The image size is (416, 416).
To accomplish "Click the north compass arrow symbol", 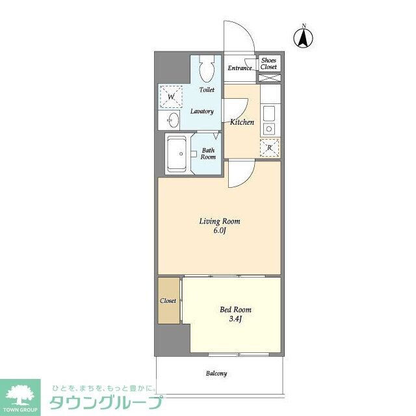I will [x=302, y=37].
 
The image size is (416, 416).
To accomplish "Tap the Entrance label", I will [x=239, y=68].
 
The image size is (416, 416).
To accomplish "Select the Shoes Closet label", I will [x=268, y=64].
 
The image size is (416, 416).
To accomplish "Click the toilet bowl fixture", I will [x=207, y=70].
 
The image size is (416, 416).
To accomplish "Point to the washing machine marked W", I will [x=171, y=97].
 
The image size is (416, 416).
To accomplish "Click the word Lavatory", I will [x=201, y=111].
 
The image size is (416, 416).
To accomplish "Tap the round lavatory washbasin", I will [x=173, y=120].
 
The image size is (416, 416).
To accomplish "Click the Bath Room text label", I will [x=207, y=153].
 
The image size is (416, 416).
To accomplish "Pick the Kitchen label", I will [x=242, y=122].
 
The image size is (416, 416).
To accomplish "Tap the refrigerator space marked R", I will [x=270, y=148].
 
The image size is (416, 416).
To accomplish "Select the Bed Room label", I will [x=235, y=310].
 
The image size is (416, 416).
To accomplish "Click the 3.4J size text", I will [x=235, y=319].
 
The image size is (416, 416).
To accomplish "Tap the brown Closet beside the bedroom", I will [x=168, y=301].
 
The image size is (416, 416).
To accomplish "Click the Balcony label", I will [x=216, y=374].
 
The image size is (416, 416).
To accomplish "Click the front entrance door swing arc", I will [x=239, y=34].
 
